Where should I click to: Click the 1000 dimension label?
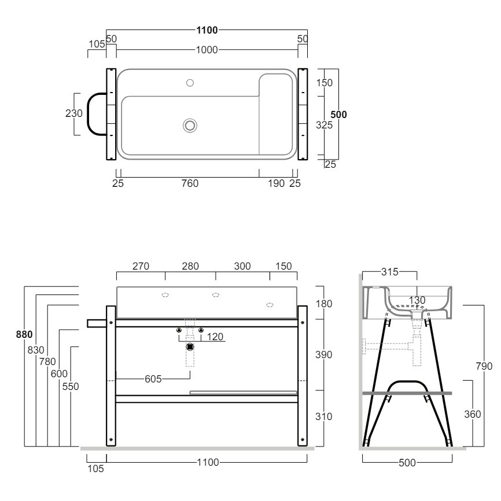(206, 50)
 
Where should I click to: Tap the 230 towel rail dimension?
(74, 114)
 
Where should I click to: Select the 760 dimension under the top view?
(190, 183)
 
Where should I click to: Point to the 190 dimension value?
(277, 183)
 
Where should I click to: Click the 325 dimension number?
(324, 124)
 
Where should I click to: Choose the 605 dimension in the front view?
(153, 379)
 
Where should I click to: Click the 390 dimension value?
(324, 355)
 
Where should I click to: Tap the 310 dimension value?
(324, 417)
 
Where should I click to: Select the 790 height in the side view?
(484, 366)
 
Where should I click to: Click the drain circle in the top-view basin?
(190, 124)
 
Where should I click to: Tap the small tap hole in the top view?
(190, 83)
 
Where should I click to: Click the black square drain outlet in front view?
(190, 348)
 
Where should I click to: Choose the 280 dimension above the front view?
(190, 266)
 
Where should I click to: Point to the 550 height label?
(70, 386)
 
